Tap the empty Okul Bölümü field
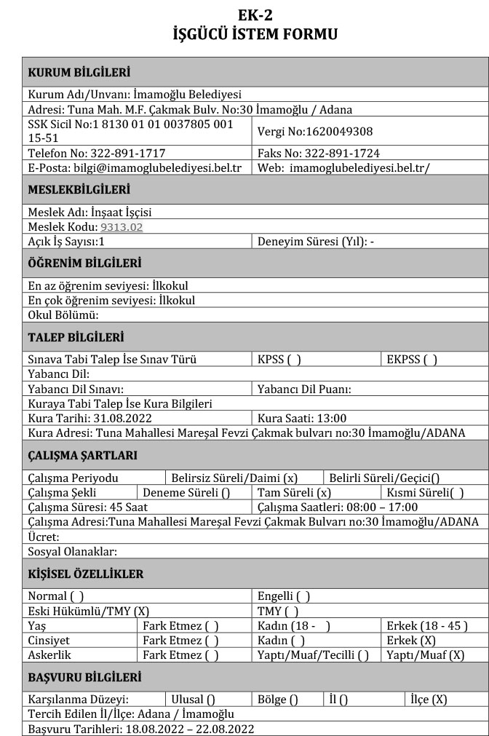pos(218,315)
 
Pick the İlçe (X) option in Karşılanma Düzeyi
pos(429,700)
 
